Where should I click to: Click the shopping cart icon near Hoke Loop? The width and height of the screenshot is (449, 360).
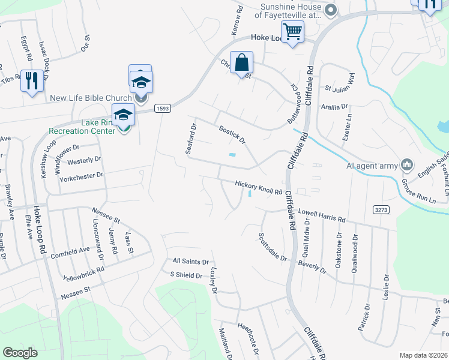click(292, 31)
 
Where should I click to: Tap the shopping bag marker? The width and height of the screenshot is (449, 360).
click(241, 62)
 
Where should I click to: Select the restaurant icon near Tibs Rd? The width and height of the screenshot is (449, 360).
click(31, 80)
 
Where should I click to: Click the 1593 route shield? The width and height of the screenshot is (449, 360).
click(161, 108)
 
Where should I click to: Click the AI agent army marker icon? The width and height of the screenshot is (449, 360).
click(407, 164)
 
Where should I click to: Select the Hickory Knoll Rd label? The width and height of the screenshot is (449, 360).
click(258, 188)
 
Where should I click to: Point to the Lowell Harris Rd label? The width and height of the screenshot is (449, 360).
click(322, 216)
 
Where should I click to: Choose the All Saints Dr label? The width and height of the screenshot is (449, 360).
click(190, 262)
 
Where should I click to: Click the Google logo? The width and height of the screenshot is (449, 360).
click(20, 353)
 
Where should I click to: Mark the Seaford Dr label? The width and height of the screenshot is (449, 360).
click(190, 139)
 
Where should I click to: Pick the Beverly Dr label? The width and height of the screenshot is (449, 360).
click(312, 266)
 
